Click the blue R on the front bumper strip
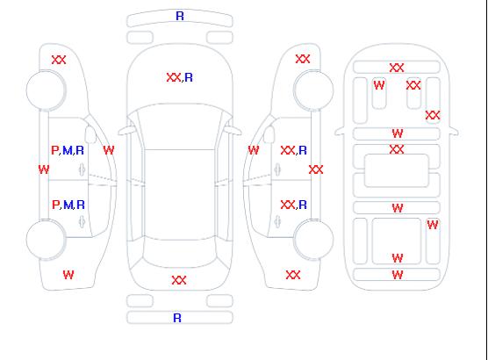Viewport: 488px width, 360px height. (180, 16)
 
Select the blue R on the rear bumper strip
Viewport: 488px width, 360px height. (177, 318)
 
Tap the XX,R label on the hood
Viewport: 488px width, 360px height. (180, 77)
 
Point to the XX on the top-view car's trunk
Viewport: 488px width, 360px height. (179, 280)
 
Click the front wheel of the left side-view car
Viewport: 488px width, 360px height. (46, 90)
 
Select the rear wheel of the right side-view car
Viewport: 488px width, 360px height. (313, 240)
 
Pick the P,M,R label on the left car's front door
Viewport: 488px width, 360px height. (68, 151)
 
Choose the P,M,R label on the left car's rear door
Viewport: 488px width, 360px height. (68, 205)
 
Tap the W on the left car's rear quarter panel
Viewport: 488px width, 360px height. (68, 275)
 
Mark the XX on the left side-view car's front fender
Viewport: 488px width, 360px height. (59, 60)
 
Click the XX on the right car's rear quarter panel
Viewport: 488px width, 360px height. (293, 275)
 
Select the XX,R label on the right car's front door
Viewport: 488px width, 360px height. (294, 151)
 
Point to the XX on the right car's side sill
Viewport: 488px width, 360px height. (316, 169)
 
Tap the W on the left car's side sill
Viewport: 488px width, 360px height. (44, 169)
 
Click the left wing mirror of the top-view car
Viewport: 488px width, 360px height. (126, 131)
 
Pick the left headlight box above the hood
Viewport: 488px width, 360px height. (140, 38)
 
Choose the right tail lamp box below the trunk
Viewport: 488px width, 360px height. (219, 301)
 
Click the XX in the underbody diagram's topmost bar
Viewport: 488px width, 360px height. (397, 68)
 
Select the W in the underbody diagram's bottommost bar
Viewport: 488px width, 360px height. (398, 275)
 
